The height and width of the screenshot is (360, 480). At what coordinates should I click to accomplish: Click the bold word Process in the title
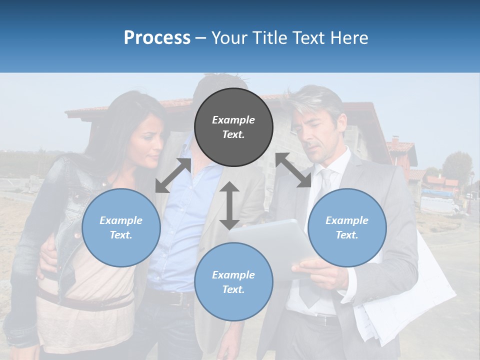tap(157, 38)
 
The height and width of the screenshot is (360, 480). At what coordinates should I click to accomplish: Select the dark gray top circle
tap(233, 127)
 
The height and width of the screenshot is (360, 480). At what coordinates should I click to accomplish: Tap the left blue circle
tap(121, 227)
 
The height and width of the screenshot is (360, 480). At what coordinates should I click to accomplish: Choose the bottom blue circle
tap(233, 282)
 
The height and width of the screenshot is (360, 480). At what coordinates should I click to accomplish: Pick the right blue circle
tap(347, 227)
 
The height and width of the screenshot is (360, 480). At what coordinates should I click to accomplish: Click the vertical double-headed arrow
tap(229, 205)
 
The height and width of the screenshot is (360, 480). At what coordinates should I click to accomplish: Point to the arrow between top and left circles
tap(173, 175)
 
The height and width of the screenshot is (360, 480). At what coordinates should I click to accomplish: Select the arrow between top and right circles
tap(293, 170)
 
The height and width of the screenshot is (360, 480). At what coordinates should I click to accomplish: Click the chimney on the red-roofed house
tap(395, 143)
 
